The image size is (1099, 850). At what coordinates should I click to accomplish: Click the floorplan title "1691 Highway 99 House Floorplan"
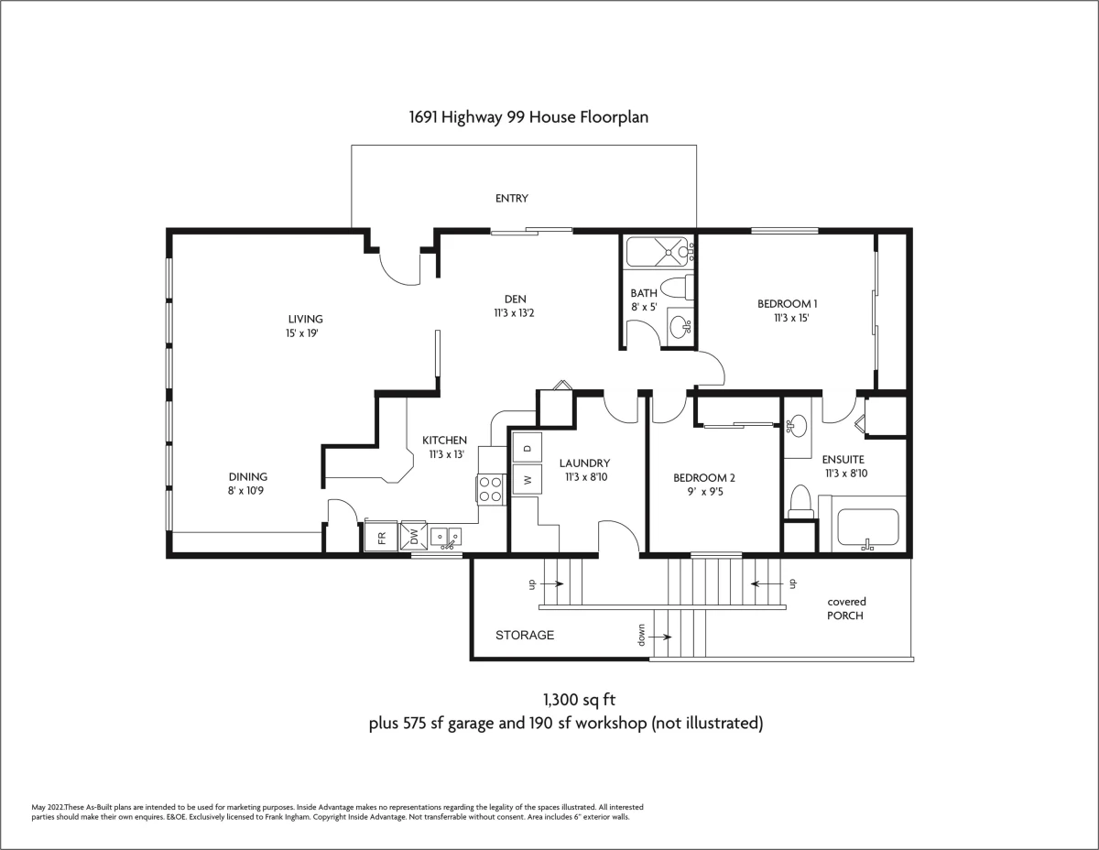528,117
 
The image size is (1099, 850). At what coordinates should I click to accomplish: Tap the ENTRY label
512,198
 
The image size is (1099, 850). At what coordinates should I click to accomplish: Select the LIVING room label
306,319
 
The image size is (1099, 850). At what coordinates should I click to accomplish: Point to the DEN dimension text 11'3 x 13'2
515,313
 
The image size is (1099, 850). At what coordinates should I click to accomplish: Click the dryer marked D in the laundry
527,448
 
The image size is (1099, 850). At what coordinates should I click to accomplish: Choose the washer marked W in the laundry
527,479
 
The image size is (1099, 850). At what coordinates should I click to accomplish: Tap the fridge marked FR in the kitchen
381,537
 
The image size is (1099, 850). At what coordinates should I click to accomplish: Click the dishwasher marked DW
414,536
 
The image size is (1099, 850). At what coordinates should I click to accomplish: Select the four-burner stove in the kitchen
491,489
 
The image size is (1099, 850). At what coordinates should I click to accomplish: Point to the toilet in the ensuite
800,502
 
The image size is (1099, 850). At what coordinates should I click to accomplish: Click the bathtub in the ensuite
868,528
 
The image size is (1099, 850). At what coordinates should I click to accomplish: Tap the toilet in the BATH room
677,288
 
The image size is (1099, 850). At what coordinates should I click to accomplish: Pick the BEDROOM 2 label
704,478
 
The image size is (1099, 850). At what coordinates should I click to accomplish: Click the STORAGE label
525,635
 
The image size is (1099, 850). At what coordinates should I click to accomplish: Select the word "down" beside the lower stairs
641,635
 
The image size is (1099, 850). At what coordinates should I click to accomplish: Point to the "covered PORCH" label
846,609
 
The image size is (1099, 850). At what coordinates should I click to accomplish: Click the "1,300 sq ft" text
579,700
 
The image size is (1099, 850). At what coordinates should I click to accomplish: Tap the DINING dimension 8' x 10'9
245,491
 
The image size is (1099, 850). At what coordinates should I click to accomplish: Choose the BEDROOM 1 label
787,304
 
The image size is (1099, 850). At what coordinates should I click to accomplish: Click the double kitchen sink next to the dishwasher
446,537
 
